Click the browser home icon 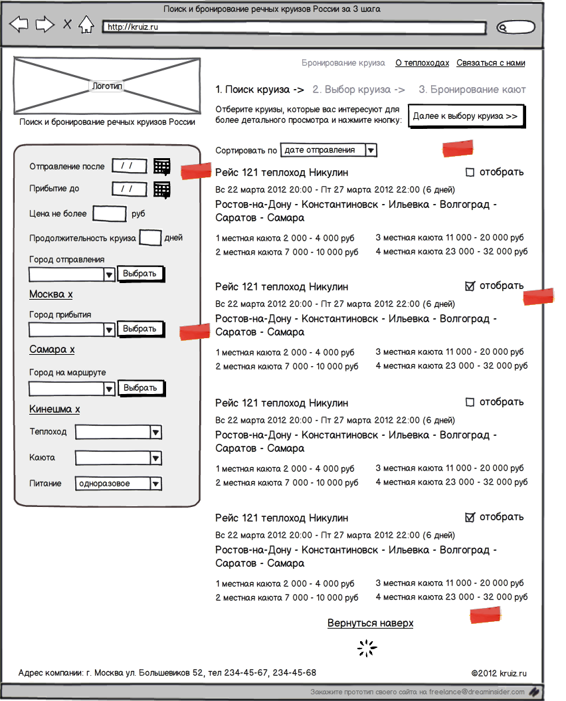tap(86, 25)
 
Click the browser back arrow tap(19, 25)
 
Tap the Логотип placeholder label tap(107, 86)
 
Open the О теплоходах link tap(422, 63)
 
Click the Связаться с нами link tap(490, 63)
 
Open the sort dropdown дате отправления tap(329, 150)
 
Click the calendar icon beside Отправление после tap(161, 166)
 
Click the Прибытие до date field tap(129, 189)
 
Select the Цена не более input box tap(109, 213)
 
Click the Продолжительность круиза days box tap(150, 237)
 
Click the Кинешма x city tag tap(54, 409)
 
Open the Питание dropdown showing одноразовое tap(118, 484)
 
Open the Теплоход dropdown tap(118, 433)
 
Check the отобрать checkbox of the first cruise tap(470, 173)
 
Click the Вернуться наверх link tap(370, 623)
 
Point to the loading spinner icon tap(367, 649)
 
